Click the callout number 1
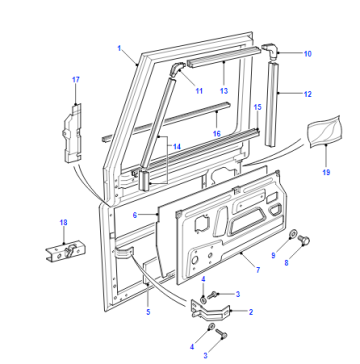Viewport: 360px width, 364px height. coord(119,49)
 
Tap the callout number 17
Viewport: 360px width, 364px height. coord(76,80)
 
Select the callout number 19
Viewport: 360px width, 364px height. coord(326,172)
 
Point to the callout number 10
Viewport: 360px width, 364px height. coord(308,54)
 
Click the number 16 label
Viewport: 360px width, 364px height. coord(217,134)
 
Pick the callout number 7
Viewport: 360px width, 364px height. coord(258,270)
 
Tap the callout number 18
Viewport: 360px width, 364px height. coord(63,222)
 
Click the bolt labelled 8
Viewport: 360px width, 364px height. coord(303,240)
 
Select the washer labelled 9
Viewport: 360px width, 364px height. coord(292,234)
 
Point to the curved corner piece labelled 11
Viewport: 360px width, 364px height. coord(177,70)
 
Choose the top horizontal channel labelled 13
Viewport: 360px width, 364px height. coord(223,57)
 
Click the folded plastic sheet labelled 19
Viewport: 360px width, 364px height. coord(324,130)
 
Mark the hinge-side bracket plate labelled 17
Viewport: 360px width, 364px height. coord(73,133)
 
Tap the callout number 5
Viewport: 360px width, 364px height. coord(148,312)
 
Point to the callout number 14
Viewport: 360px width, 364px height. coord(177,147)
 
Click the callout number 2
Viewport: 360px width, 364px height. coord(251,312)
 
